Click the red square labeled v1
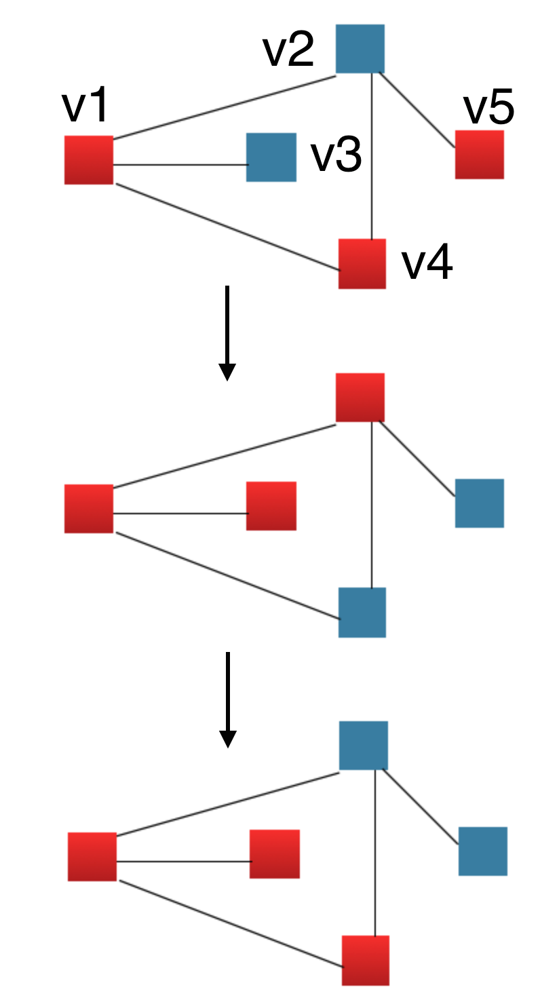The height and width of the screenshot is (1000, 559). [x=88, y=160]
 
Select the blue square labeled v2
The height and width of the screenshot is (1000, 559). [x=360, y=49]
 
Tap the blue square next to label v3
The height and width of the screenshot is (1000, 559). [x=271, y=157]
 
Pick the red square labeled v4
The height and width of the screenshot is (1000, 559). [x=362, y=263]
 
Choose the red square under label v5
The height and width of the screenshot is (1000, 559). [x=479, y=155]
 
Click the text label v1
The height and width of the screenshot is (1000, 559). [x=85, y=107]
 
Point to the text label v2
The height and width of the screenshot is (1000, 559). [x=288, y=51]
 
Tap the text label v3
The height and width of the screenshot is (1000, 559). [x=336, y=157]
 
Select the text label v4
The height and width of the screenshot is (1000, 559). [x=427, y=264]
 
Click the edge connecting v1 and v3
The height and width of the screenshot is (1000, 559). [x=180, y=165]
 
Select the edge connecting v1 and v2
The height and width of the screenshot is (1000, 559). [x=224, y=109]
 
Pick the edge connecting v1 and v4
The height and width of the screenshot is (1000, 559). [x=227, y=227]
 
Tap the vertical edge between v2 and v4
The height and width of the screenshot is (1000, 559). [x=372, y=156]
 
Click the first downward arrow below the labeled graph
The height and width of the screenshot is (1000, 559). [x=227, y=332]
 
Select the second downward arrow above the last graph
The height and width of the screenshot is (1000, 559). [x=228, y=699]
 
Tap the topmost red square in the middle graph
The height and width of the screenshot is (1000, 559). [x=360, y=398]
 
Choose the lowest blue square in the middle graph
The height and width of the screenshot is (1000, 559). [x=362, y=612]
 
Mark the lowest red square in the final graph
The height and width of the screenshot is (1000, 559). [x=366, y=960]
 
